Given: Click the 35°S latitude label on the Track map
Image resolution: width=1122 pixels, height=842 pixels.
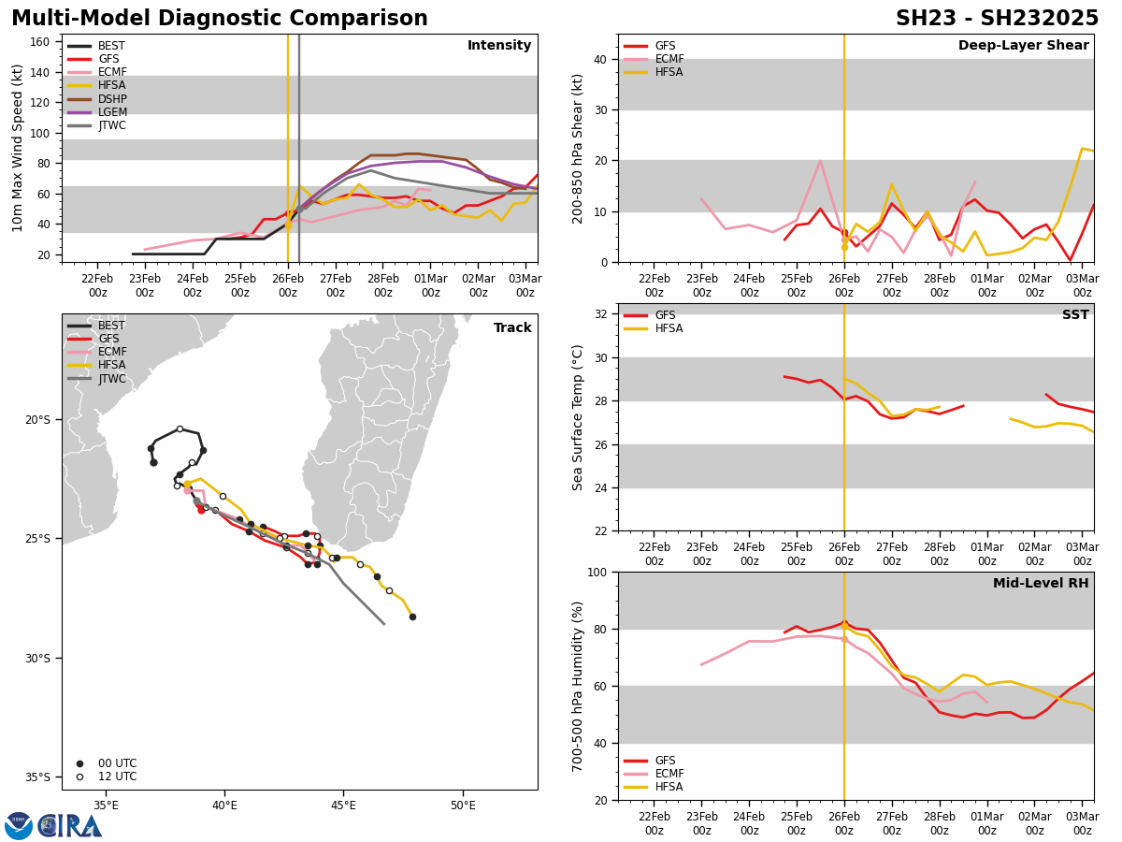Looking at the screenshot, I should (x=37, y=777).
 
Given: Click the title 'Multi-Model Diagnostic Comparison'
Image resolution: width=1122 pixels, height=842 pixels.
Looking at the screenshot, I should (x=220, y=19).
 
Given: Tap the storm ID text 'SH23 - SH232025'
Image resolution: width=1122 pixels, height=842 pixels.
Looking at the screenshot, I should (x=997, y=19).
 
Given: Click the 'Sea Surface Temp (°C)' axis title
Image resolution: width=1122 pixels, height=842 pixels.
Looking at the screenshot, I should (x=579, y=417).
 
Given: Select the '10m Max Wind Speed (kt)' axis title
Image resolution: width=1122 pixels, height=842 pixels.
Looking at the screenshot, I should (x=18, y=148).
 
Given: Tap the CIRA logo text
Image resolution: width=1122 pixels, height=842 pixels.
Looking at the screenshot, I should (x=70, y=826).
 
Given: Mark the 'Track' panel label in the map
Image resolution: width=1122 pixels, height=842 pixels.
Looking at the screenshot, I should (x=512, y=328).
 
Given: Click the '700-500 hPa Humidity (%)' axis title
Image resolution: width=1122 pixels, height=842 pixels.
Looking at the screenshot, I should (x=579, y=686).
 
